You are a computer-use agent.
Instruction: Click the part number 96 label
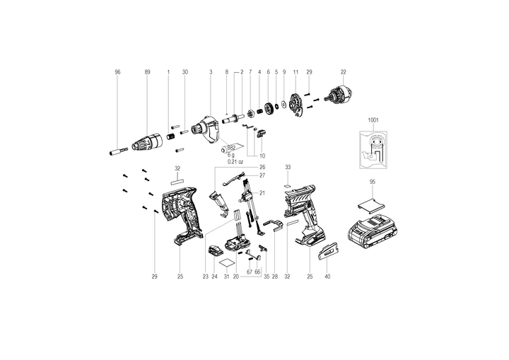[x=117, y=72]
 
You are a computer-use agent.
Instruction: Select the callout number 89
[x=147, y=72]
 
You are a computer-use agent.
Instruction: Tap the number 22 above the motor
[x=343, y=72]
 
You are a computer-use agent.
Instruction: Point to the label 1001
[x=373, y=120]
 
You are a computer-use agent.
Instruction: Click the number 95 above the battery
[x=373, y=182]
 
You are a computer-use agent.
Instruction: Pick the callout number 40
[x=327, y=277]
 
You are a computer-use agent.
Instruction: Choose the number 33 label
[x=288, y=167]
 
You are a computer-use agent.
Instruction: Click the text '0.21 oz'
[x=235, y=161]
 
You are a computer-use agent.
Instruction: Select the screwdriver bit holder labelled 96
[x=119, y=151]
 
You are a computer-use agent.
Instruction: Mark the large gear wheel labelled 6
[x=269, y=108]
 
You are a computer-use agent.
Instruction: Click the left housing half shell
[x=181, y=215]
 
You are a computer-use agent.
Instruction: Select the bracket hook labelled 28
[x=273, y=226]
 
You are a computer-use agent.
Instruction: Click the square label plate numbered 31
[x=227, y=262]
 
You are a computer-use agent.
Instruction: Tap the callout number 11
[x=296, y=72]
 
